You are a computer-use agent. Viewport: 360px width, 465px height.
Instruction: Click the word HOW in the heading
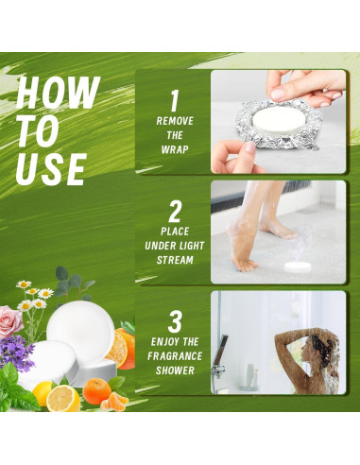point(58,94)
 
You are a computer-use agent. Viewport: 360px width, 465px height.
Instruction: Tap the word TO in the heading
point(39,131)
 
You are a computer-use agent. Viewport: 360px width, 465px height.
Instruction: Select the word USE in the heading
point(52,169)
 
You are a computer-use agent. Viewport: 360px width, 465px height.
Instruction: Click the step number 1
point(173,100)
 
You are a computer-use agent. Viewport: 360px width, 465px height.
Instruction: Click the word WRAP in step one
point(174,150)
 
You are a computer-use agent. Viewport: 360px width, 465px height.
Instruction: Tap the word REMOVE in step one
point(174,121)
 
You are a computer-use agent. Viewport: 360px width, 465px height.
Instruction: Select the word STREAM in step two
point(174,259)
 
